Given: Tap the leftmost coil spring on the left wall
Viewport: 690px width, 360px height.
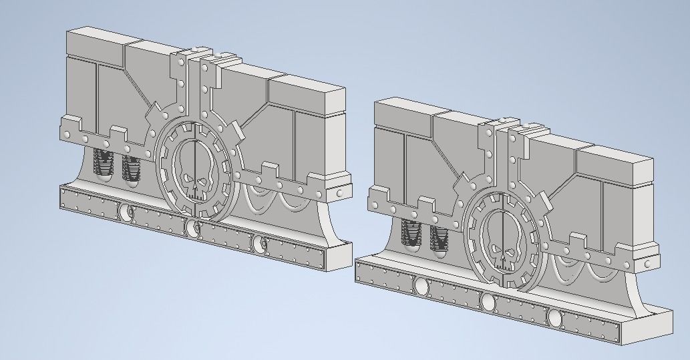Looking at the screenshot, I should pos(104,165).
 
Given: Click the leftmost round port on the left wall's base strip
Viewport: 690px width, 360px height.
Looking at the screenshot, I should pos(125,213).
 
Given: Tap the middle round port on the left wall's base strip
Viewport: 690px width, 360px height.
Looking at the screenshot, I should pos(192,229).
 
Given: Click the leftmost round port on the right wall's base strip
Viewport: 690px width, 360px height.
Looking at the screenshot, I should pos(421,287).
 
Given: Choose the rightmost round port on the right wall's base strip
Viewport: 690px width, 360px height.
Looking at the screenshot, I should pos(556,318).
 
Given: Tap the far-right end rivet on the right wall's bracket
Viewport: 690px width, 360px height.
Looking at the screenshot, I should pos(647,265).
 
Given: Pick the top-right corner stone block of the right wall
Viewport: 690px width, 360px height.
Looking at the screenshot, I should pos(615,164).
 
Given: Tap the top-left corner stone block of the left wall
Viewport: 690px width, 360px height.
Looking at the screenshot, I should pos(94,43).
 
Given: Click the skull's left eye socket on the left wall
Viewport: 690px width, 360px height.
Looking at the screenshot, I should pos(188,180).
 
